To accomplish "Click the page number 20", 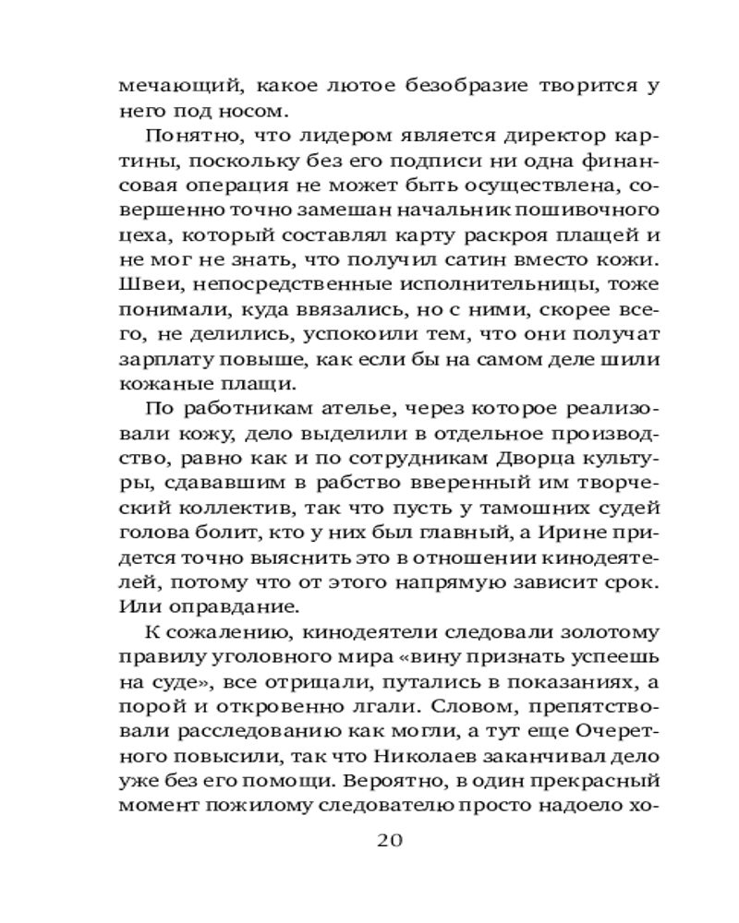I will [x=387, y=841].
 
